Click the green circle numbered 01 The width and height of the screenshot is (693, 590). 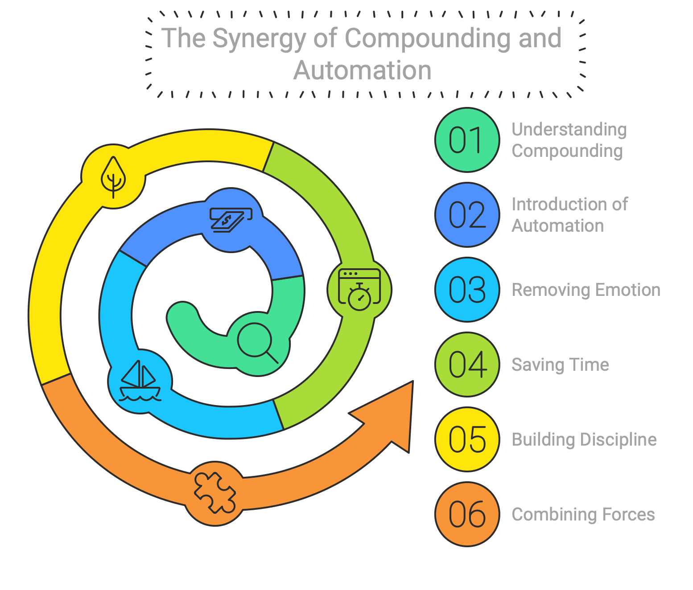tap(466, 139)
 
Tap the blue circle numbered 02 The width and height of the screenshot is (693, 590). tap(466, 214)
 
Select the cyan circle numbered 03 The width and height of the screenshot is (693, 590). tap(466, 289)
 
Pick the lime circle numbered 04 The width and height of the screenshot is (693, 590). tap(466, 365)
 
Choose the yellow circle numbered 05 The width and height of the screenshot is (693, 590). tap(466, 439)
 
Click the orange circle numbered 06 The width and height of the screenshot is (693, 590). tap(466, 514)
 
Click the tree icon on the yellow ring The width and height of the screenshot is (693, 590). tap(113, 177)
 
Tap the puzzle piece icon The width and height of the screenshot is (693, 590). tap(215, 492)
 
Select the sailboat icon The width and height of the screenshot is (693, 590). tap(140, 381)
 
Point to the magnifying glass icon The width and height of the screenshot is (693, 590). tap(257, 343)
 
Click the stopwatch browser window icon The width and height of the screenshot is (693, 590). tap(359, 289)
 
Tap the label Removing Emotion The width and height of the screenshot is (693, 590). tap(586, 290)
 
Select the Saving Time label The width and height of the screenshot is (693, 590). tap(560, 365)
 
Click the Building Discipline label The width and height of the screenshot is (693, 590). tap(584, 439)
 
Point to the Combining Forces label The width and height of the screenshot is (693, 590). tap(583, 514)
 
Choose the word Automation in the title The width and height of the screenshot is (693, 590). tap(362, 70)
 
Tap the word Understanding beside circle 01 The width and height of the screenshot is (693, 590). tap(569, 129)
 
